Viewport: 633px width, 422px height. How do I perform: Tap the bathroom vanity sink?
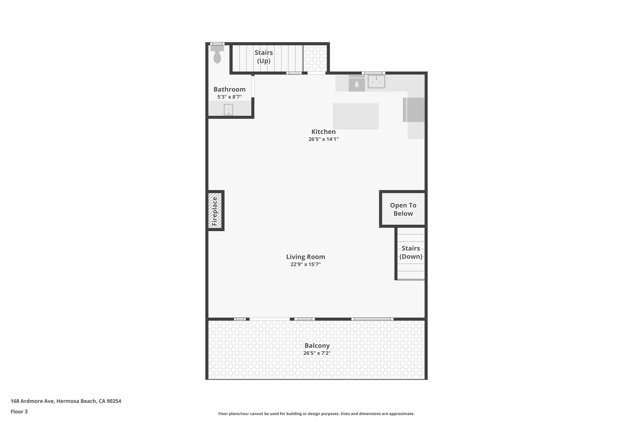click(228, 110)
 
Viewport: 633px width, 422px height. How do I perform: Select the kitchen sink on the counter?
click(376, 82)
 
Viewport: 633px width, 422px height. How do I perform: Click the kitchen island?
click(355, 116)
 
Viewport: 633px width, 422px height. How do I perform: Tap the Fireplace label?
click(215, 211)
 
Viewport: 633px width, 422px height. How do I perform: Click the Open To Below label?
click(403, 209)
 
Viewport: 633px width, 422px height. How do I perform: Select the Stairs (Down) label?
click(411, 252)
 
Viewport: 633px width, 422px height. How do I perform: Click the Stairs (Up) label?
click(264, 57)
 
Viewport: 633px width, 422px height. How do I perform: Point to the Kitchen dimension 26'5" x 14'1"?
click(323, 139)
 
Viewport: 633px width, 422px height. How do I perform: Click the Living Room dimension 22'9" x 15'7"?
click(305, 265)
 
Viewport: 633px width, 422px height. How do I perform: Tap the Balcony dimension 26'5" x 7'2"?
click(317, 353)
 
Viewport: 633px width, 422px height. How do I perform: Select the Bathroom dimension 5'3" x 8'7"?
click(229, 97)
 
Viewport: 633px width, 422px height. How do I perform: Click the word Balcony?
click(317, 346)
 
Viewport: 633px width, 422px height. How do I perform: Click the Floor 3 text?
click(19, 411)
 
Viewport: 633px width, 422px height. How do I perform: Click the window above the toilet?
click(217, 44)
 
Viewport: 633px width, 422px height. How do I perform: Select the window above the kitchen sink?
click(373, 73)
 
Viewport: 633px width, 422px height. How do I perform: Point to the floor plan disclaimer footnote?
click(316, 414)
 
